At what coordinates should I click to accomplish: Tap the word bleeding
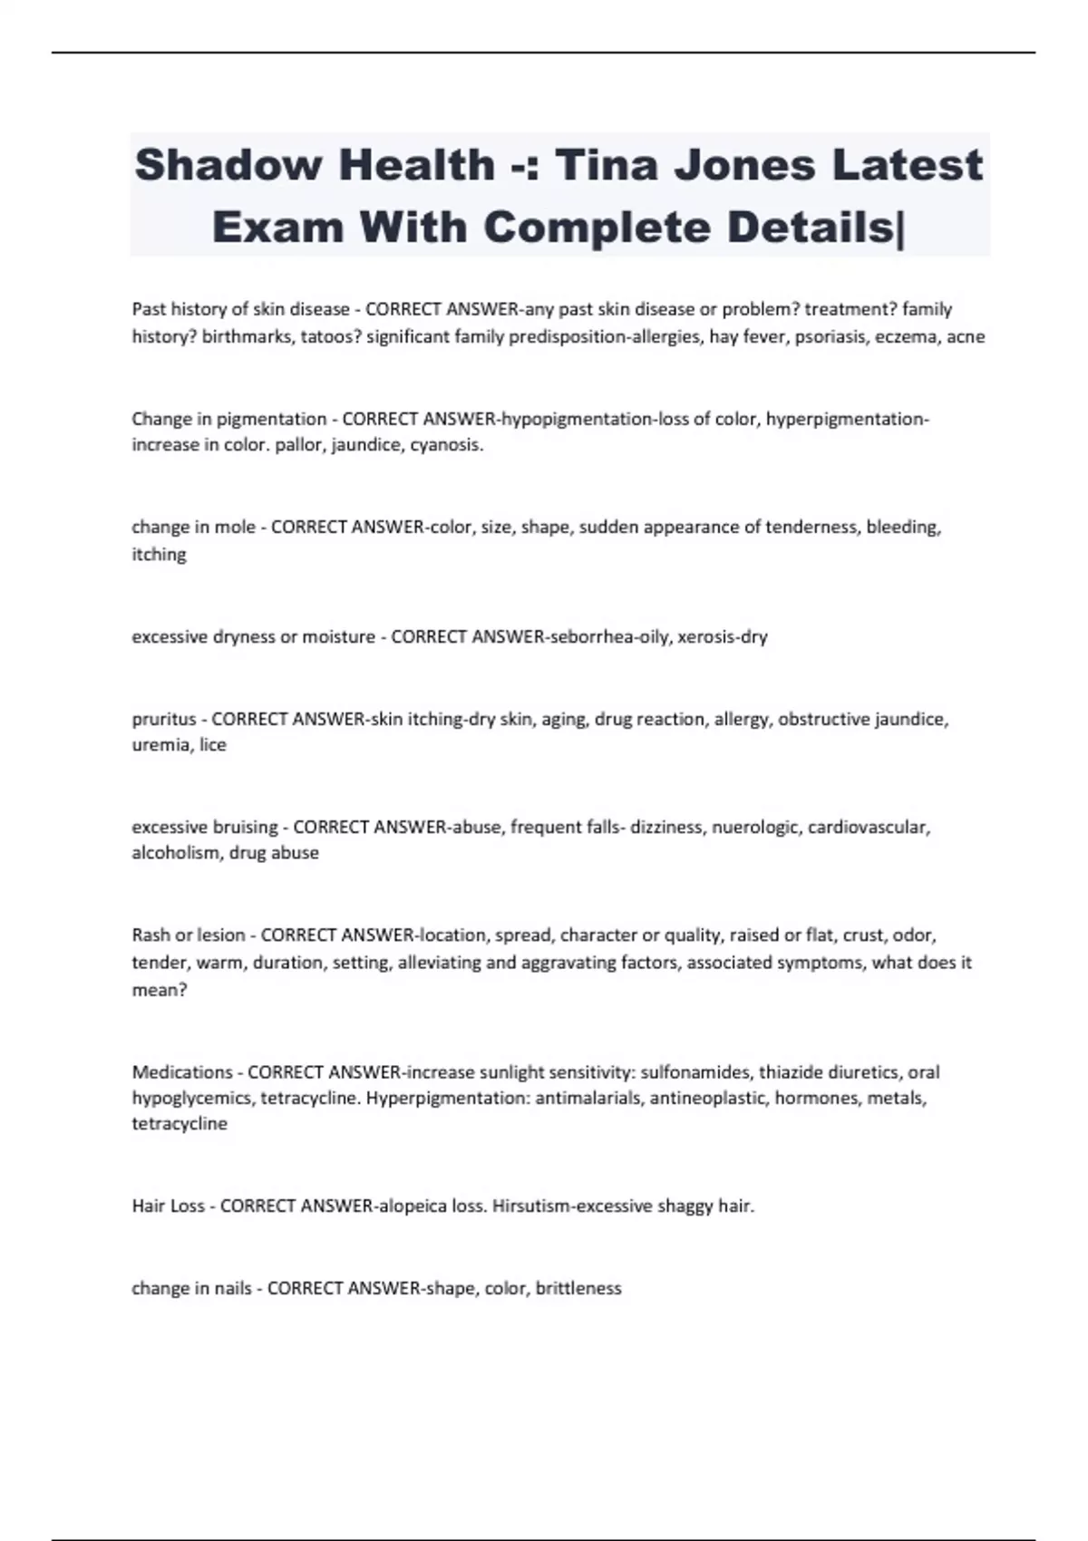[x=904, y=527]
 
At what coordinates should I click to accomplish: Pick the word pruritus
[x=164, y=719]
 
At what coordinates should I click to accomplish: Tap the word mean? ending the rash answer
[x=160, y=990]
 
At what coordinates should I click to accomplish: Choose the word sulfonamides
[x=695, y=1071]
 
